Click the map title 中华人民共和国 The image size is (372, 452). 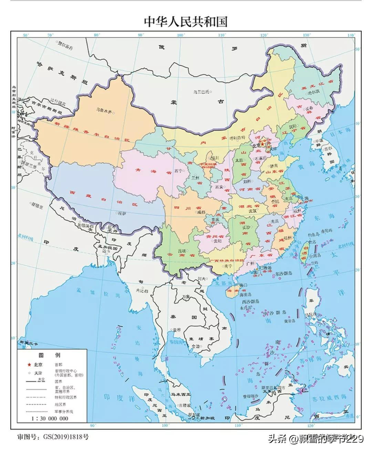(186, 21)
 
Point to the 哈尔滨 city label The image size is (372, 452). (313, 92)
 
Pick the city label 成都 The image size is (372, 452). (201, 212)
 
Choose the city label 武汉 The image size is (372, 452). (253, 211)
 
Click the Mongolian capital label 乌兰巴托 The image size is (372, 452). (201, 92)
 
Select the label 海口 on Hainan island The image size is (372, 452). (244, 285)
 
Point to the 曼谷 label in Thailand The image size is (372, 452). (176, 329)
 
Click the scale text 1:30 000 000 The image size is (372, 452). (50, 419)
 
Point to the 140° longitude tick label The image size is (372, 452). (351, 35)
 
